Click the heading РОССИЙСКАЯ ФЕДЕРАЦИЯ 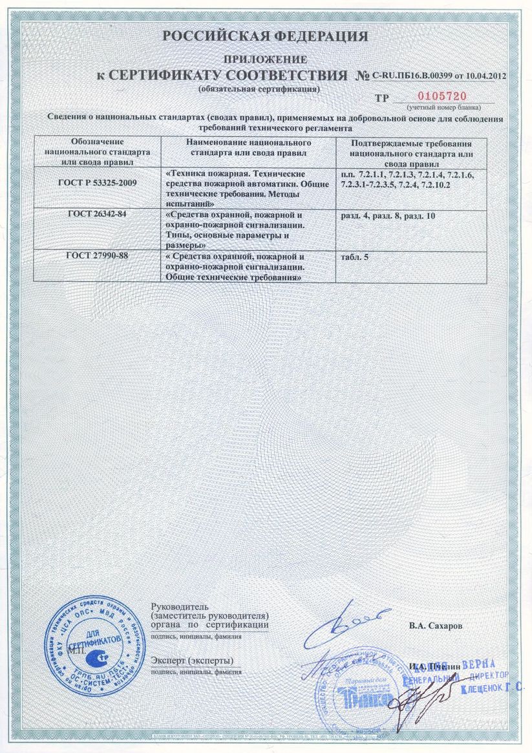click(265, 36)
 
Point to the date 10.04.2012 click(480, 76)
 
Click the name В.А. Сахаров click(436, 626)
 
